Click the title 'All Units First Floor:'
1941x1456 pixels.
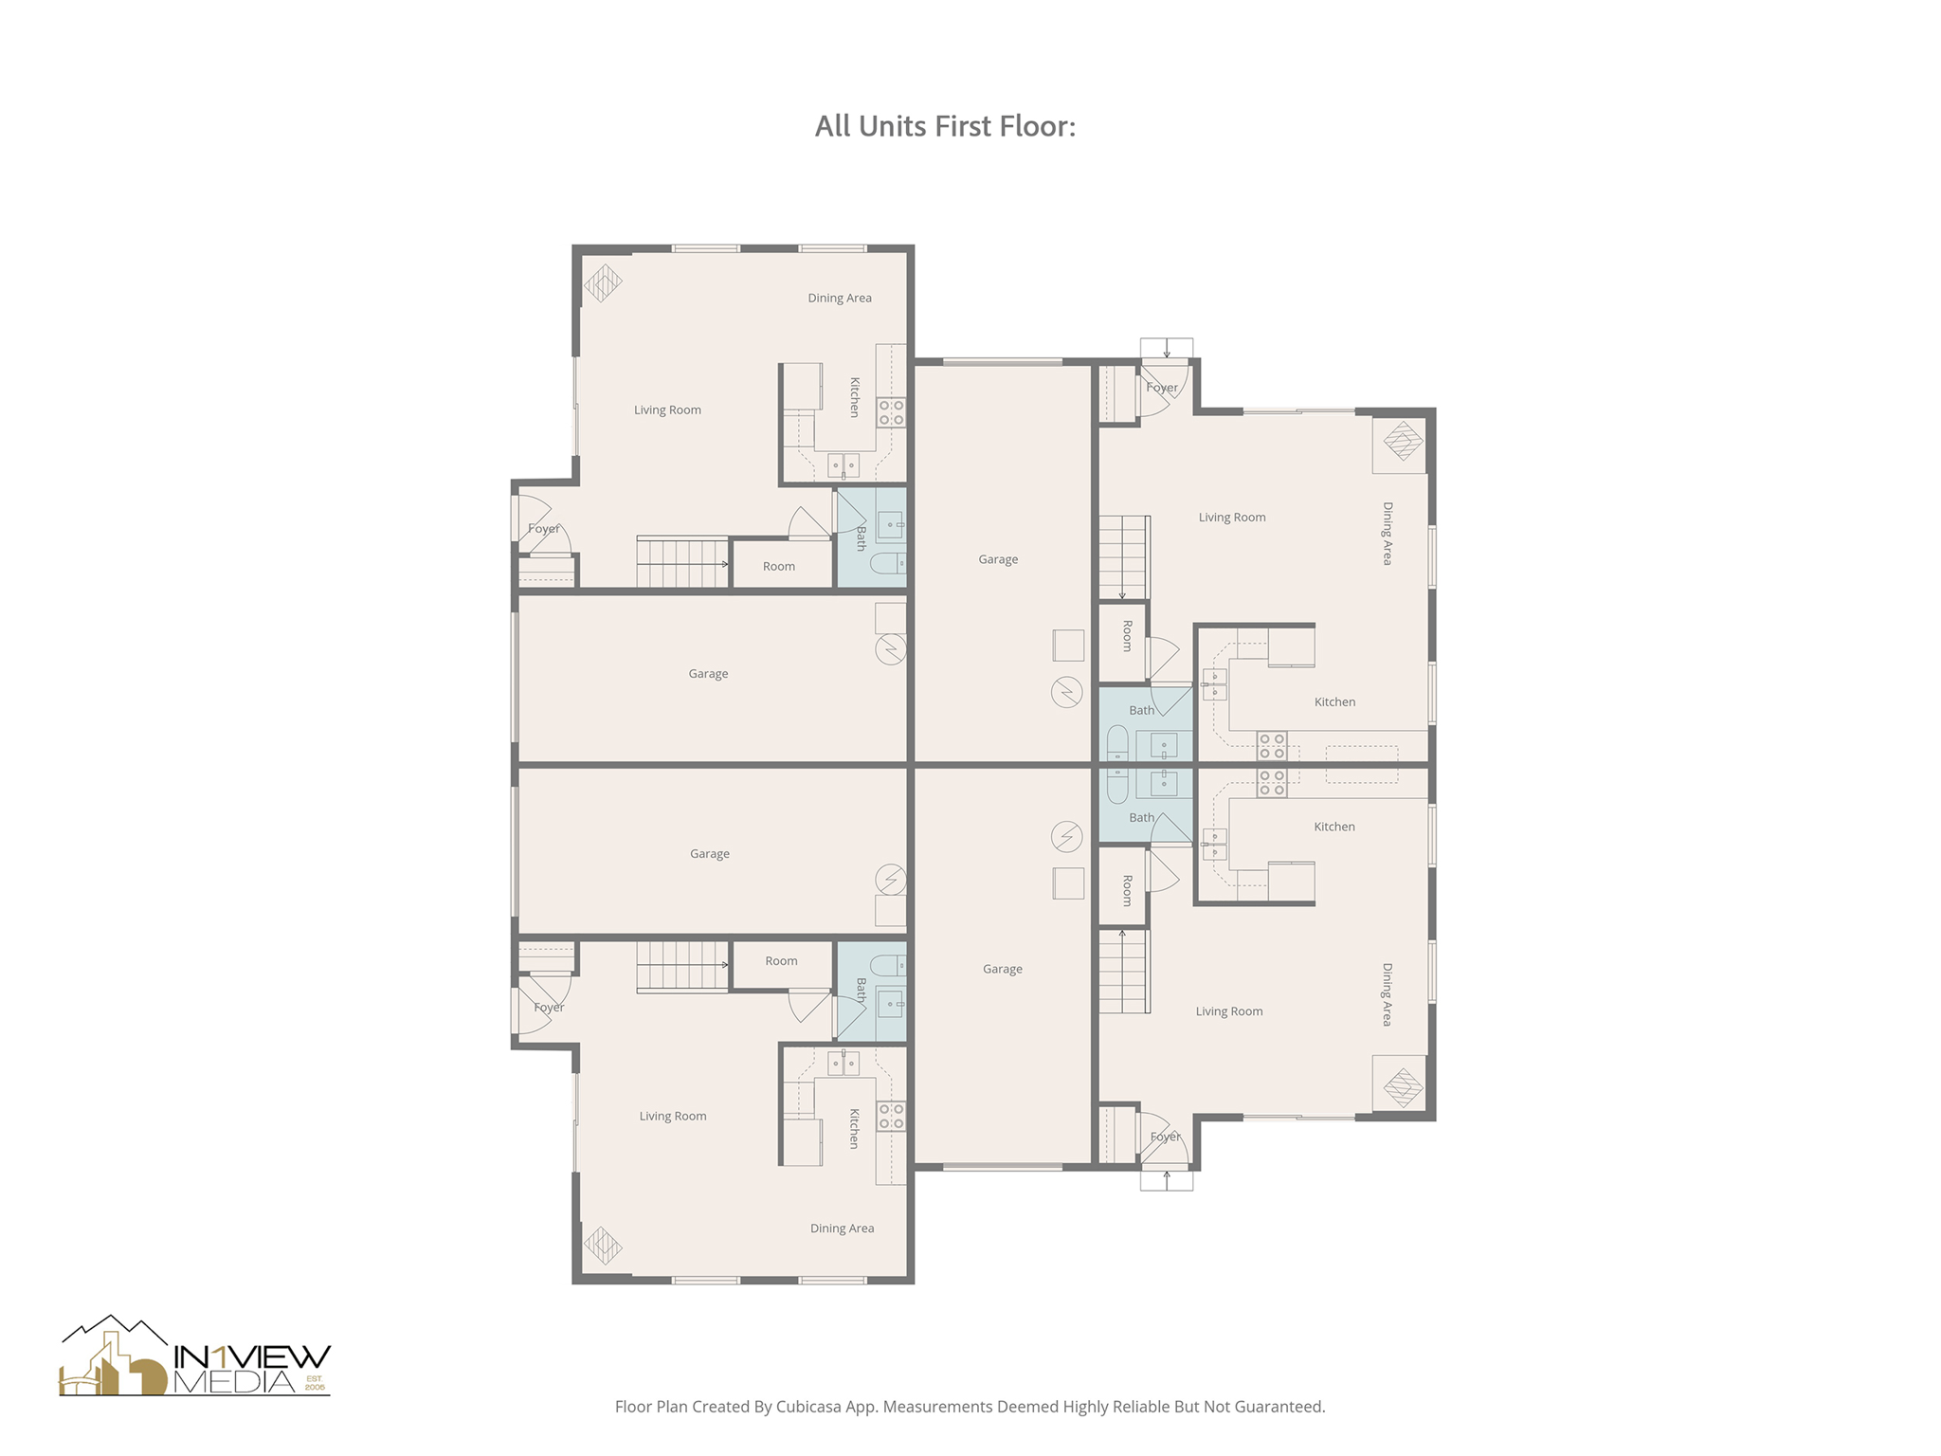pyautogui.click(x=945, y=126)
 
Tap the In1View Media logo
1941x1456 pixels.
pyautogui.click(x=195, y=1357)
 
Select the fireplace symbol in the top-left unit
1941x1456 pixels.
pyautogui.click(x=603, y=282)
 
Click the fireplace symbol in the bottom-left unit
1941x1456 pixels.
pyautogui.click(x=603, y=1245)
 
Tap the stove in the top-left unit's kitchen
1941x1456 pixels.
pyautogui.click(x=891, y=412)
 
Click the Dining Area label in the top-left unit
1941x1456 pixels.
pyautogui.click(x=839, y=298)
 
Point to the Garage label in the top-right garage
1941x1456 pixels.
pyautogui.click(x=998, y=559)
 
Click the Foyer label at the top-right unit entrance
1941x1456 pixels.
pyautogui.click(x=1162, y=387)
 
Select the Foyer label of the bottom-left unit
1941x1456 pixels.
pyautogui.click(x=549, y=1007)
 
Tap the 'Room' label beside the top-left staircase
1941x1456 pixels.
pyautogui.click(x=779, y=566)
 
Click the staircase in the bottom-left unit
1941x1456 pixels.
pyautogui.click(x=680, y=966)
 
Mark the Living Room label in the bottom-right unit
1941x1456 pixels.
pyautogui.click(x=1228, y=1011)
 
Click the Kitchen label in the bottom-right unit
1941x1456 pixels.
pyautogui.click(x=1334, y=827)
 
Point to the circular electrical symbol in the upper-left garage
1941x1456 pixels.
pyautogui.click(x=891, y=649)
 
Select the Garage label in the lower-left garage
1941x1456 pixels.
pyautogui.click(x=709, y=854)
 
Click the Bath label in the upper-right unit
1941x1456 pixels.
pyautogui.click(x=1141, y=710)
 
